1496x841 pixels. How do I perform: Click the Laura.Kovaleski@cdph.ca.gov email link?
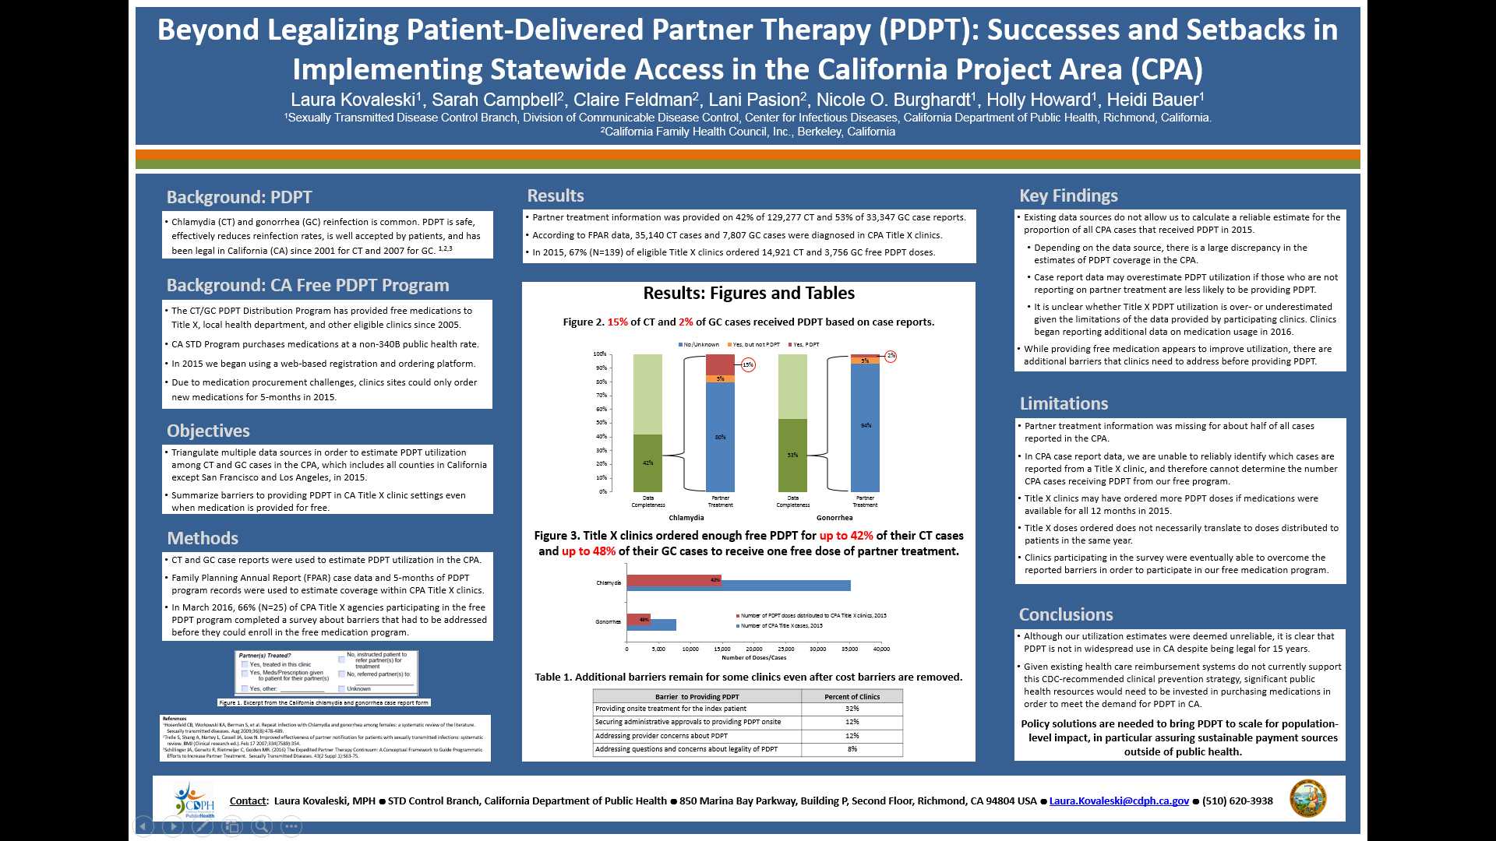click(1119, 801)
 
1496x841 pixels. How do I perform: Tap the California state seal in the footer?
click(1307, 798)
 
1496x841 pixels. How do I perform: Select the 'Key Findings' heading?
click(1068, 195)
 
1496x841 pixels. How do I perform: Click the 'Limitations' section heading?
click(1064, 403)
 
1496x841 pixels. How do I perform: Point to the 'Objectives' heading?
click(208, 431)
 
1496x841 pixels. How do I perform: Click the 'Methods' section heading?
click(203, 538)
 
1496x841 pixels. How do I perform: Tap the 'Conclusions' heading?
click(1066, 614)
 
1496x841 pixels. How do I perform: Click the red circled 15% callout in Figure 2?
click(748, 364)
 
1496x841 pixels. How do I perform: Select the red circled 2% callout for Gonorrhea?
click(891, 356)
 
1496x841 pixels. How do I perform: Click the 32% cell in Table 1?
click(852, 709)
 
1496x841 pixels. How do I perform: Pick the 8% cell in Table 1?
click(852, 749)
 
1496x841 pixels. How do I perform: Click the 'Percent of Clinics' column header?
click(852, 696)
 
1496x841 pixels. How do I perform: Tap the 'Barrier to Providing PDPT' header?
click(697, 696)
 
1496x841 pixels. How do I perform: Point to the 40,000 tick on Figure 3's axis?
click(881, 649)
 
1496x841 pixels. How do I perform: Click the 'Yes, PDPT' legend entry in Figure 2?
click(804, 344)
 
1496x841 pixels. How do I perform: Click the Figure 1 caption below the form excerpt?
click(323, 702)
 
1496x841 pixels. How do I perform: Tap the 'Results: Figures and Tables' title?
click(748, 293)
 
